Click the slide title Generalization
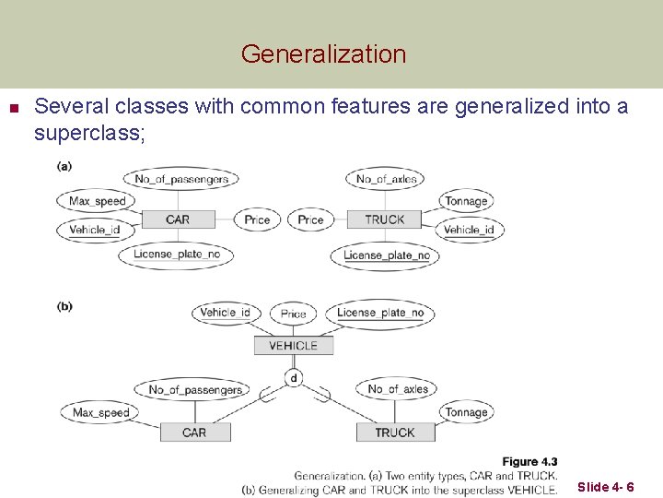click(323, 54)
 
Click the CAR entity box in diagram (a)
click(178, 219)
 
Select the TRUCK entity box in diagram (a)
click(385, 219)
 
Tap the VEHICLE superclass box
click(293, 346)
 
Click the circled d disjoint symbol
click(294, 378)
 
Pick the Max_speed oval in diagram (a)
click(97, 201)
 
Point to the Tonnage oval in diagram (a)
click(466, 201)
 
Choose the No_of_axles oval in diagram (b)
click(398, 389)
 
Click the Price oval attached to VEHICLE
click(293, 314)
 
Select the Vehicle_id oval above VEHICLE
click(226, 313)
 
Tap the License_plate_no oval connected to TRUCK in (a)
click(387, 255)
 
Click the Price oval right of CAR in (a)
click(257, 219)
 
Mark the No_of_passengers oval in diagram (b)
click(195, 389)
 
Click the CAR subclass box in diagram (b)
click(194, 433)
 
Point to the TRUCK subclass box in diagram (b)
click(394, 433)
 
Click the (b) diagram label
click(64, 306)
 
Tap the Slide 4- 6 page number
click(605, 487)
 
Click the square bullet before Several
click(13, 108)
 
